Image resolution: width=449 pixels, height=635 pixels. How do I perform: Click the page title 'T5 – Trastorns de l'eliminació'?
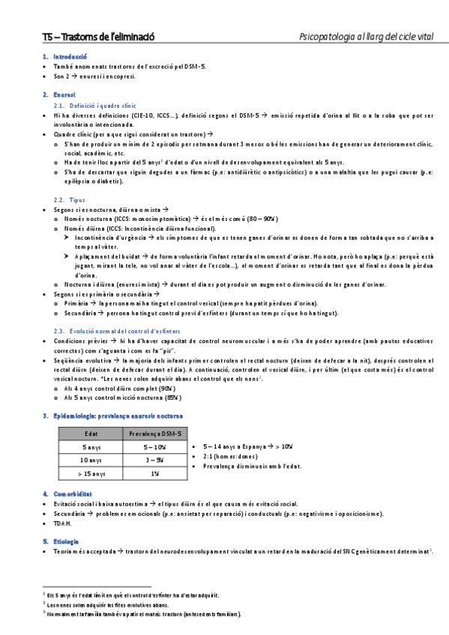(98, 37)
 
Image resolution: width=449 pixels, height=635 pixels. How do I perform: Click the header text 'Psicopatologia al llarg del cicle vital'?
(366, 37)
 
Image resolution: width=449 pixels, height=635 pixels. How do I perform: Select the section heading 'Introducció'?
(70, 56)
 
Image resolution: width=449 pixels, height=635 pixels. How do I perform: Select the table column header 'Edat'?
(91, 433)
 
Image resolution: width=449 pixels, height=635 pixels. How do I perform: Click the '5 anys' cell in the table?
(91, 447)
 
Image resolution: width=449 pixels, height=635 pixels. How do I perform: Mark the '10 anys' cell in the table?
(91, 461)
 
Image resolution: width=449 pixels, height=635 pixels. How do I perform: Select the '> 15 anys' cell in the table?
(91, 474)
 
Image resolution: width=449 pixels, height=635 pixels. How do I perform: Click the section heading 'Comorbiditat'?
(73, 494)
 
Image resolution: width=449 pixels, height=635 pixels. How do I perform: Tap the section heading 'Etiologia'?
(67, 541)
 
